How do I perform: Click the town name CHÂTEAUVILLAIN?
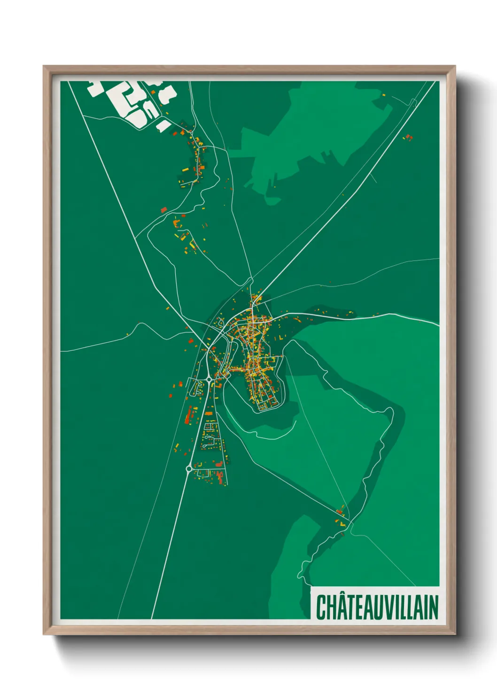coord(377,607)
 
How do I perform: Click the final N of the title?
coord(433,607)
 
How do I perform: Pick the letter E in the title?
coord(361,607)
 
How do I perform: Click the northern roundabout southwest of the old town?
coord(209,379)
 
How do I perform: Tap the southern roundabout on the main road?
coord(189,468)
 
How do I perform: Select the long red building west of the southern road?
coord(190,415)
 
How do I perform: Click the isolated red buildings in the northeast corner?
coord(408,137)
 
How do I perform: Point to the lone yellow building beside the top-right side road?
coord(383,95)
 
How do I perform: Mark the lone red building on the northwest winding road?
coord(163,210)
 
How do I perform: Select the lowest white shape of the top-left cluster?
coord(163,125)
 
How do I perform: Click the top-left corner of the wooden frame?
coord(44,67)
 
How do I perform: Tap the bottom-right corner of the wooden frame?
coord(455,634)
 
